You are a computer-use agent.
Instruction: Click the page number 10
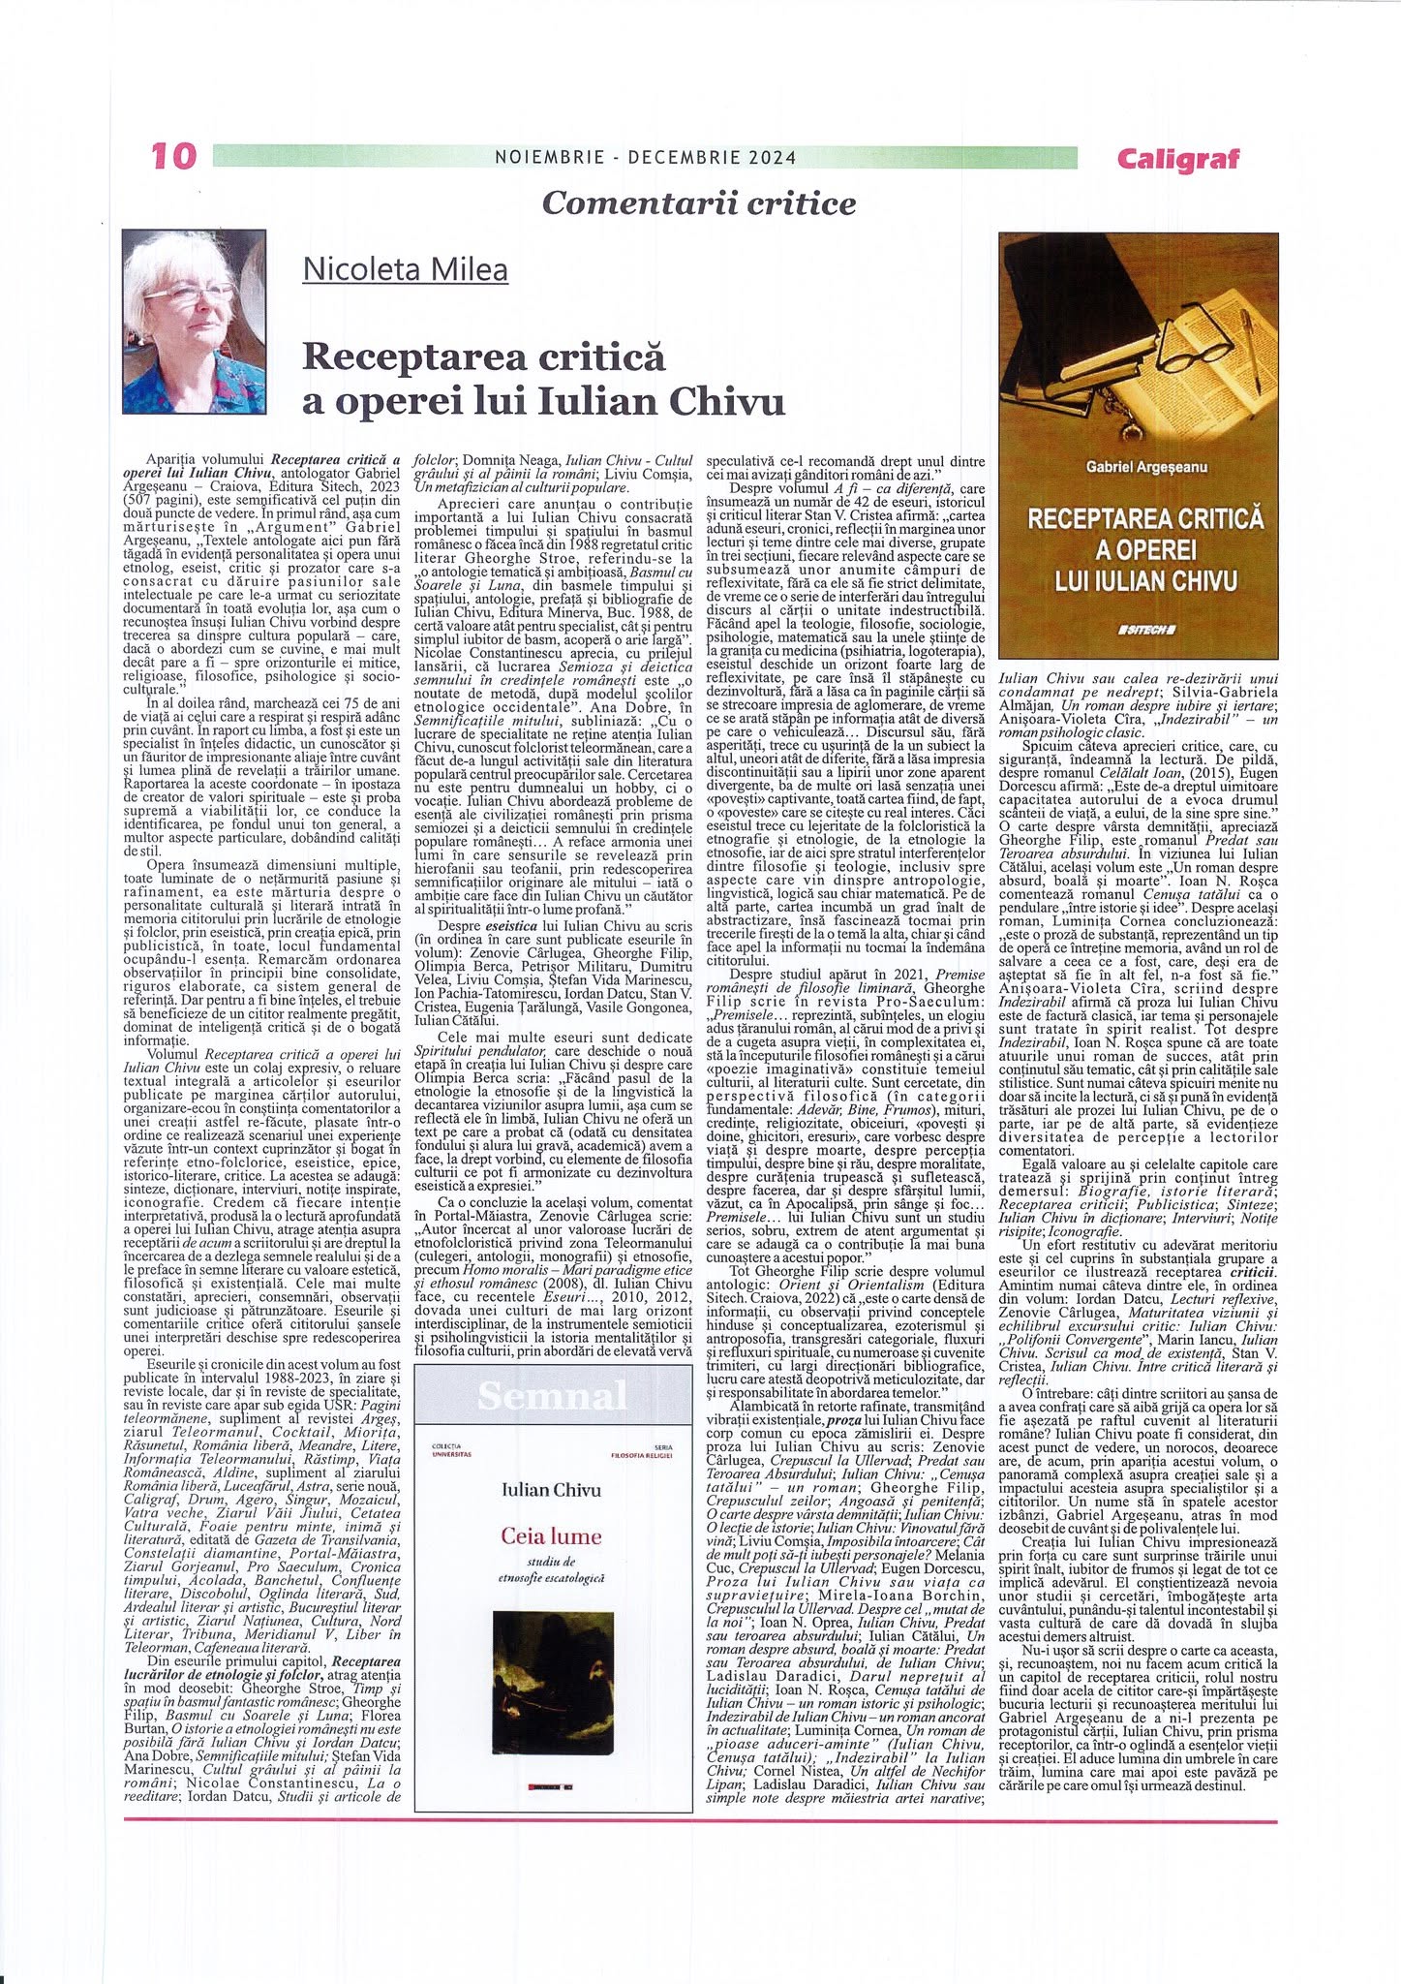pyautogui.click(x=175, y=157)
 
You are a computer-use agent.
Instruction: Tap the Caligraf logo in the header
pyautogui.click(x=1177, y=158)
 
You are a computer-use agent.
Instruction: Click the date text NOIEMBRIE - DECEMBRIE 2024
pyautogui.click(x=644, y=157)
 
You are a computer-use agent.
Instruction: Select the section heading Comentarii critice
pyautogui.click(x=699, y=202)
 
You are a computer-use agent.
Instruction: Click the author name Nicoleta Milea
pyautogui.click(x=405, y=268)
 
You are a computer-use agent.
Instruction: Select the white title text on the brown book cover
pyautogui.click(x=1145, y=549)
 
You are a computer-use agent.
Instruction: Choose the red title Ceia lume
pyautogui.click(x=551, y=1535)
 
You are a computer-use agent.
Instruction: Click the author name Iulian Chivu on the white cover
pyautogui.click(x=552, y=1489)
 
